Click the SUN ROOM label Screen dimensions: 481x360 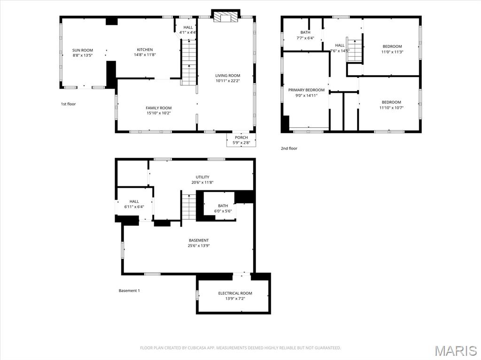[x=83, y=50]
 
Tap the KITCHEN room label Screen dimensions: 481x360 [x=145, y=50]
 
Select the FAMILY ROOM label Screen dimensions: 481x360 [x=159, y=108]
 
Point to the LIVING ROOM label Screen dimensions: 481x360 [x=228, y=76]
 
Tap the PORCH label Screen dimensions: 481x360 [x=241, y=138]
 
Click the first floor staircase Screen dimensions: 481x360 [x=189, y=62]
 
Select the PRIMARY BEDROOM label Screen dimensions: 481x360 [x=306, y=90]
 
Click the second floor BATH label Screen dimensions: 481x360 [x=305, y=32]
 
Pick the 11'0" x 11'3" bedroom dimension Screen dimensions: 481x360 [x=392, y=52]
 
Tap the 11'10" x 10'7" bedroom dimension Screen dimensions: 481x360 [x=391, y=108]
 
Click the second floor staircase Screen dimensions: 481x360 [x=355, y=50]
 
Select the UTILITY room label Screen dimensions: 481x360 [x=202, y=177]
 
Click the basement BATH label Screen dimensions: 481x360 [x=223, y=206]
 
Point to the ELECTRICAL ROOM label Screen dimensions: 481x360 [x=235, y=293]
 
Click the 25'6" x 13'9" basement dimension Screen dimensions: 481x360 [x=199, y=245]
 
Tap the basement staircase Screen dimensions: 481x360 [x=189, y=207]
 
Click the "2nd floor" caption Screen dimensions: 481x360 [x=289, y=148]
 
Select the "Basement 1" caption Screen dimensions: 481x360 [x=129, y=291]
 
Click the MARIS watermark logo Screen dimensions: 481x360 [x=456, y=351]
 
